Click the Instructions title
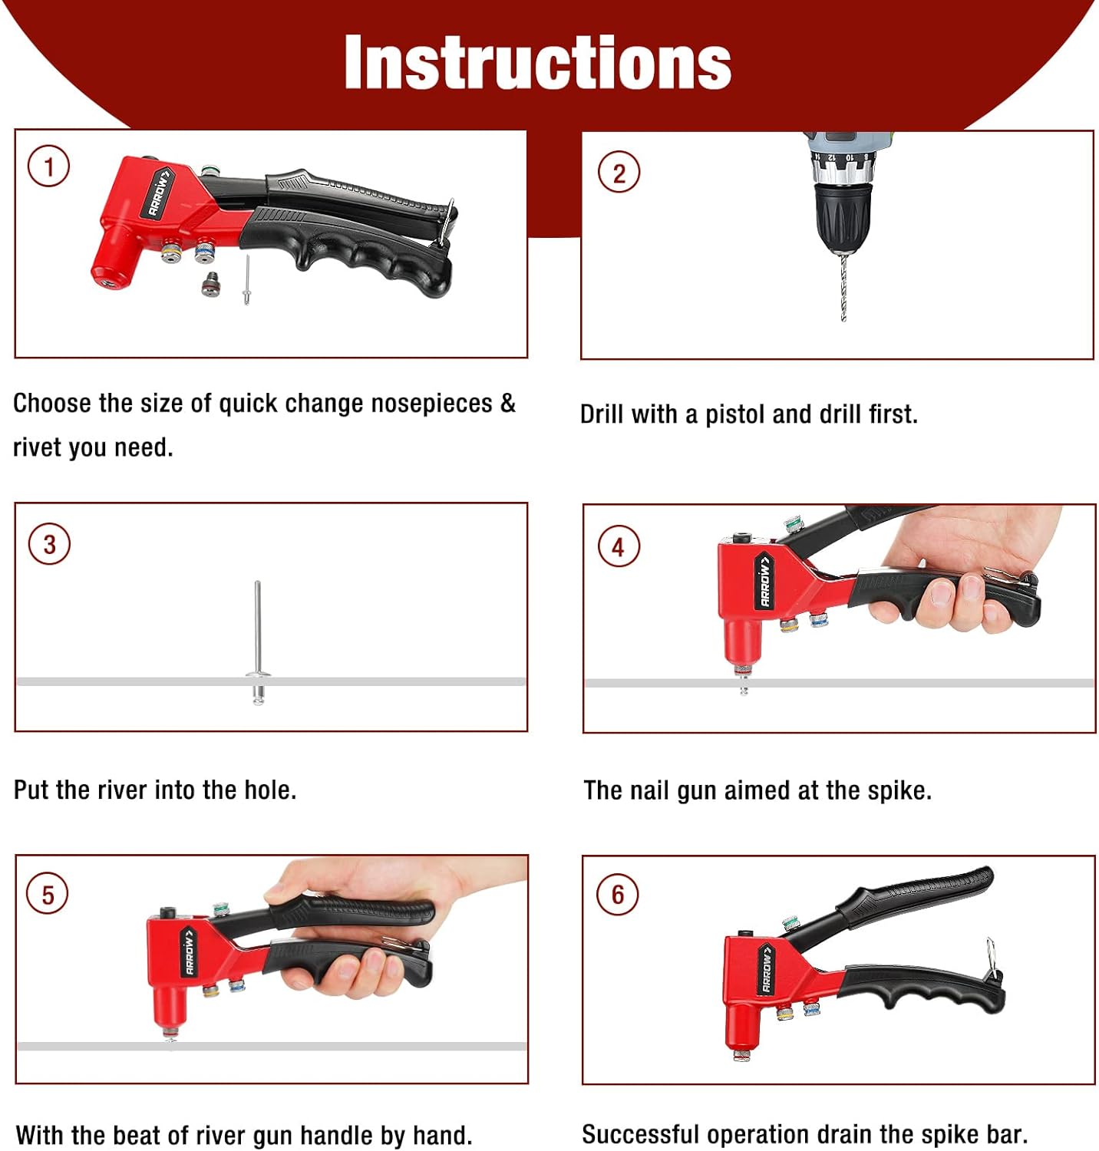coord(537,62)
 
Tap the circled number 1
coord(49,167)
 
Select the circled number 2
coord(619,173)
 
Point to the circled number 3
coord(49,544)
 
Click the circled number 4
coord(619,547)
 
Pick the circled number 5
coord(48,895)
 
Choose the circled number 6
coord(618,895)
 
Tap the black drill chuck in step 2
coord(843,216)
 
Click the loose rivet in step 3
coord(258,643)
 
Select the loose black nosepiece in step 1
coord(210,283)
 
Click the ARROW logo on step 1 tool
coord(159,193)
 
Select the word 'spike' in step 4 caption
coord(898,790)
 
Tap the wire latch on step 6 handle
coord(991,958)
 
